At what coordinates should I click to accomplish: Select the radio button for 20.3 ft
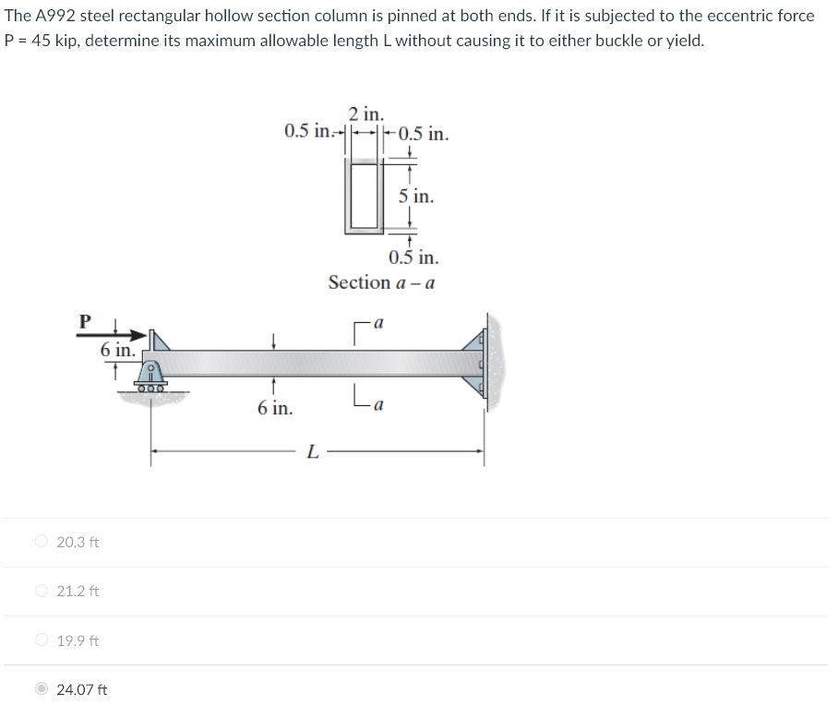[x=42, y=542]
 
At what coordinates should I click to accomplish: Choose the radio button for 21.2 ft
[x=42, y=591]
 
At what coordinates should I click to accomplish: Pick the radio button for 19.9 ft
[x=42, y=640]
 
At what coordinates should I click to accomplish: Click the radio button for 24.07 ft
[x=42, y=689]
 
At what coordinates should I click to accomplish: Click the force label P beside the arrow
[x=85, y=321]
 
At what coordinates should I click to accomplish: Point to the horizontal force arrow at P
[x=127, y=333]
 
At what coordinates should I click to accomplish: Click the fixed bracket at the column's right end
[x=485, y=362]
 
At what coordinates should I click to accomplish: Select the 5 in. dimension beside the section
[x=416, y=197]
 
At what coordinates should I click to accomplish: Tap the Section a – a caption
[x=381, y=282]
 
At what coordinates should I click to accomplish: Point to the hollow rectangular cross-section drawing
[x=365, y=195]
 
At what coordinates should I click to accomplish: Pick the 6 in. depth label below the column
[x=275, y=407]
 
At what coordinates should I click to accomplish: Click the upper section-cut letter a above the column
[x=378, y=324]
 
